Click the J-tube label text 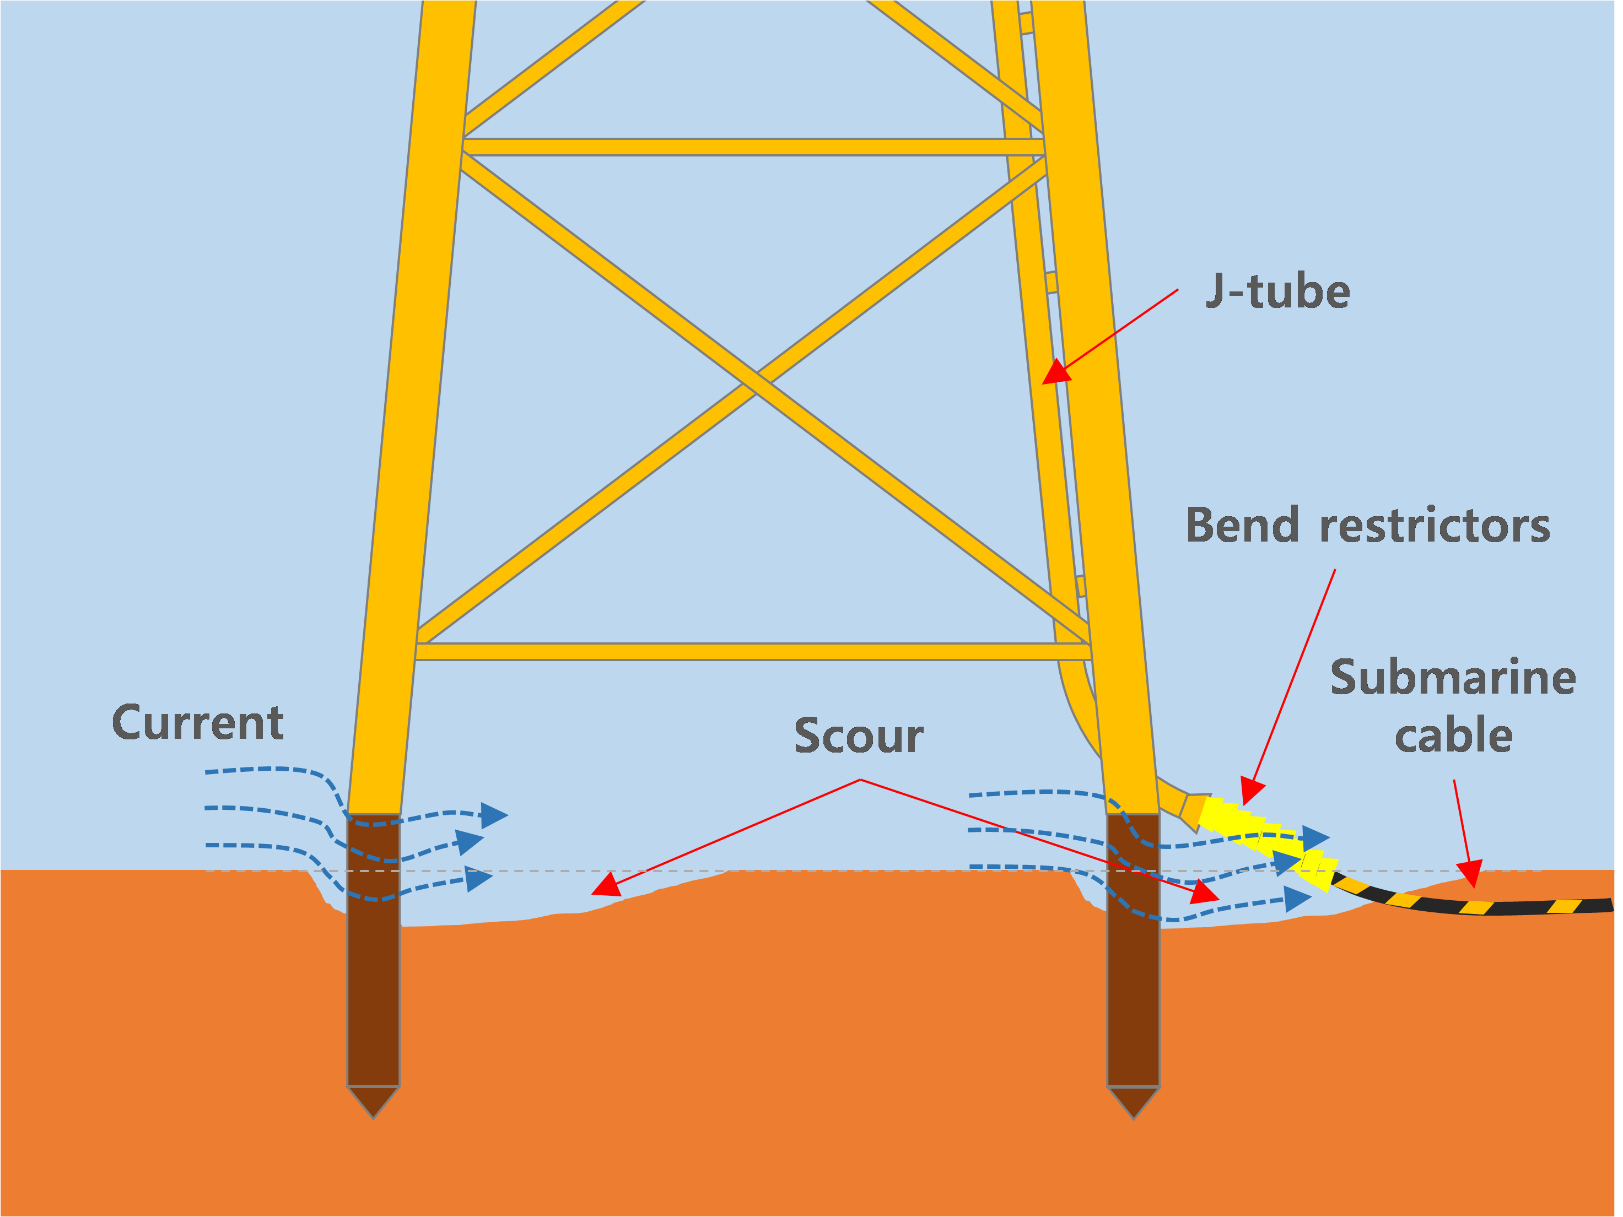pos(1277,292)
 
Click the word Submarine pos(1453,677)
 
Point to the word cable pos(1453,736)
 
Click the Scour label pos(859,736)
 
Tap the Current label pos(197,723)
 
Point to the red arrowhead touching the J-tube pos(1056,372)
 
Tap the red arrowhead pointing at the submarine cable pos(1470,874)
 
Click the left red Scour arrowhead pos(607,886)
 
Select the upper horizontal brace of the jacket pos(753,147)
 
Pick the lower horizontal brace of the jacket pos(753,651)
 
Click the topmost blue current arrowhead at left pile pos(494,814)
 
